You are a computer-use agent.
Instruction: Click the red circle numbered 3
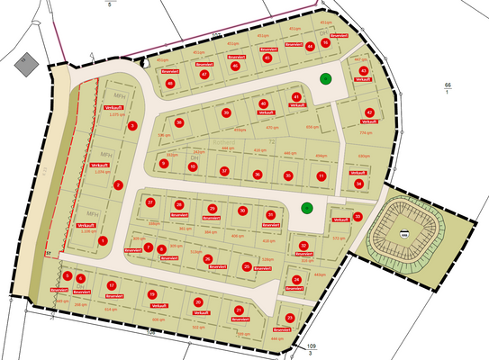(131, 126)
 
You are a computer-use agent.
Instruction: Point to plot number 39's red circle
(226, 112)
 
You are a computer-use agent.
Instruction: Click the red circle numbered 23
(290, 319)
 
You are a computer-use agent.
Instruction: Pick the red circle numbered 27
(150, 202)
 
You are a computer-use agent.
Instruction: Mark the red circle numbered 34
(358, 184)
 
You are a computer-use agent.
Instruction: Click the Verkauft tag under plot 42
(367, 121)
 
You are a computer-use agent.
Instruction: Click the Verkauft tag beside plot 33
(340, 219)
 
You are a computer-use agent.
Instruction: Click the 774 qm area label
(366, 132)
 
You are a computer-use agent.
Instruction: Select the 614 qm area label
(111, 309)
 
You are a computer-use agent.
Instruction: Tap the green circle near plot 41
(326, 79)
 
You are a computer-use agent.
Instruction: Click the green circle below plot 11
(307, 208)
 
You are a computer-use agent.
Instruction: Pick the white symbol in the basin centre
(404, 236)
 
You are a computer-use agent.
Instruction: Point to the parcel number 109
(312, 346)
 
